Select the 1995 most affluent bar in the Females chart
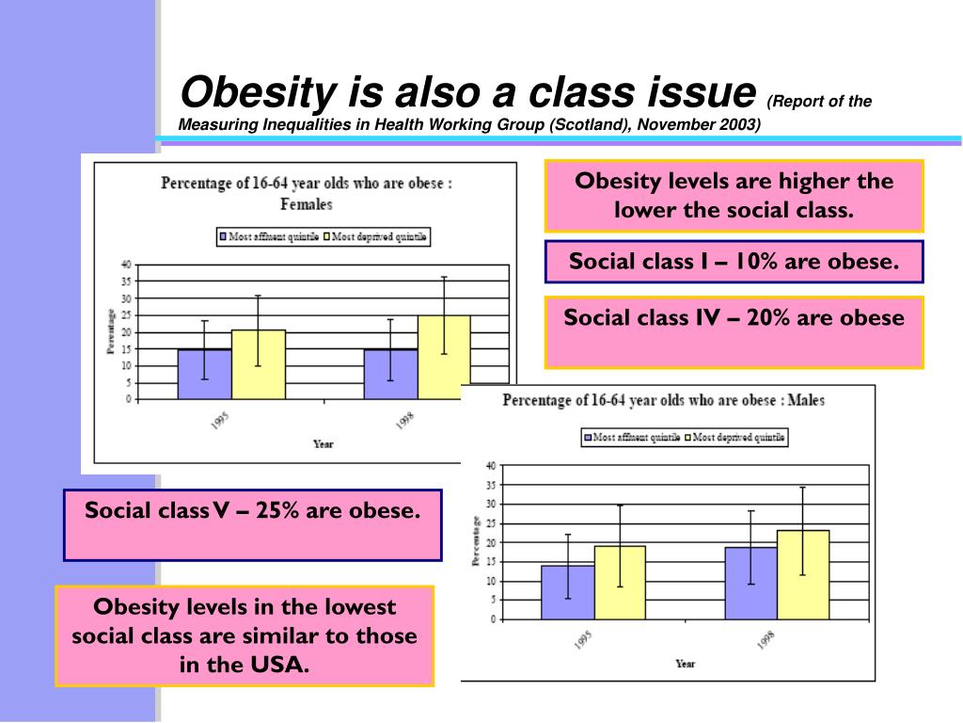(x=205, y=375)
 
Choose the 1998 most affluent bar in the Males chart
(x=750, y=583)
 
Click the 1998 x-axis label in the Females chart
(x=404, y=421)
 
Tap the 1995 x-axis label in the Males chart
(x=581, y=642)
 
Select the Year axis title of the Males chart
(x=686, y=664)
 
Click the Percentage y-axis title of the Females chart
(x=111, y=331)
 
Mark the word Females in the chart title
(x=307, y=203)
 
